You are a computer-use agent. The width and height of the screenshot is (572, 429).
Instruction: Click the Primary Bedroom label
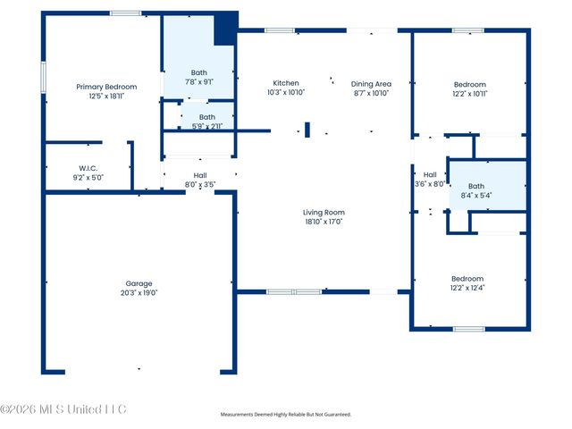click(106, 87)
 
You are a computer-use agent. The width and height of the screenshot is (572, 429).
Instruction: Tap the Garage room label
click(139, 283)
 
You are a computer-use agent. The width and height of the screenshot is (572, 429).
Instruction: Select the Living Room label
click(324, 213)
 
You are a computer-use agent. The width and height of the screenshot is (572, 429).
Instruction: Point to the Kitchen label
click(286, 83)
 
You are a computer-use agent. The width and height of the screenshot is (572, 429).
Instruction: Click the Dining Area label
click(371, 84)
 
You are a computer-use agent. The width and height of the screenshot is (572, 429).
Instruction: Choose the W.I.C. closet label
click(88, 168)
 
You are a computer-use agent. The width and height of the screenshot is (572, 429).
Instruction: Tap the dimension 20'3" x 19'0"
click(139, 292)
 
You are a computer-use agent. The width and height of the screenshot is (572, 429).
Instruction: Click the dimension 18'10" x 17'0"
click(324, 222)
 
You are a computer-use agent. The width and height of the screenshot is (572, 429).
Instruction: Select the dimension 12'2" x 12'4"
click(467, 288)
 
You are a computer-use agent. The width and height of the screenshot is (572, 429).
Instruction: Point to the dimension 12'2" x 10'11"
click(470, 94)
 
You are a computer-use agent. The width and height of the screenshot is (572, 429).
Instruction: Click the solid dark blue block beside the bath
click(226, 28)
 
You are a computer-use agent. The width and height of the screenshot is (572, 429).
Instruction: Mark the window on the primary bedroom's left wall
click(44, 78)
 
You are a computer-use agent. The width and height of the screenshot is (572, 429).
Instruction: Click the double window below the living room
click(294, 292)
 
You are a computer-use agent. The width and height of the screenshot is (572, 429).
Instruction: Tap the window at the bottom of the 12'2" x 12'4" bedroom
click(469, 329)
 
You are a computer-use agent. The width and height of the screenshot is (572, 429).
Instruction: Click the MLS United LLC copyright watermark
click(63, 409)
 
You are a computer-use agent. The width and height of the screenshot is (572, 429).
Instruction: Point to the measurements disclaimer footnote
click(286, 415)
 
